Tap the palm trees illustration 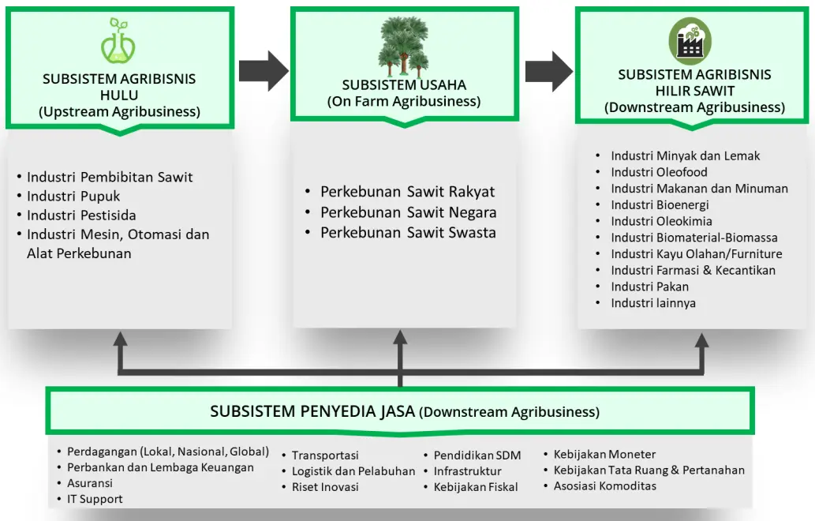(x=404, y=45)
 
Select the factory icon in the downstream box (x=690, y=41)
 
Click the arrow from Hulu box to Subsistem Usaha (x=264, y=71)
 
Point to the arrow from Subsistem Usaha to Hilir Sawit (x=548, y=71)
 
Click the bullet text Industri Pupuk (x=73, y=196)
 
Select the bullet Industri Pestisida (x=81, y=215)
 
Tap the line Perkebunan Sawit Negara (x=408, y=212)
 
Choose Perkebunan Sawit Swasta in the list (x=408, y=233)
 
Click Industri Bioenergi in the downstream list (x=660, y=204)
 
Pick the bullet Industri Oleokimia (x=661, y=221)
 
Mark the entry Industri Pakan (x=649, y=287)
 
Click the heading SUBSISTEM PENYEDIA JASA (x=312, y=411)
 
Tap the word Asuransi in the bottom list (x=90, y=482)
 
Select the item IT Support (x=95, y=498)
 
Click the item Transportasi (x=325, y=455)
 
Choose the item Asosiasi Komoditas (x=604, y=485)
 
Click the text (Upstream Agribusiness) (x=119, y=111)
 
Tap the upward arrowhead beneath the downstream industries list (x=701, y=341)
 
